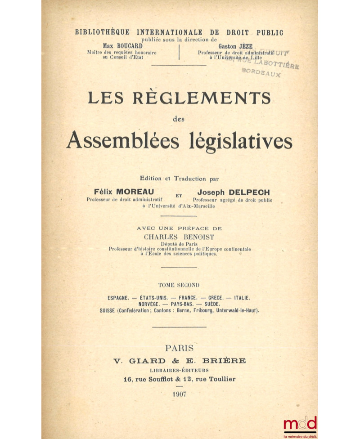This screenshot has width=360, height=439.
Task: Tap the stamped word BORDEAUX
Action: tap(261, 72)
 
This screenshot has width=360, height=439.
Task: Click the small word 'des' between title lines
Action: tap(179, 119)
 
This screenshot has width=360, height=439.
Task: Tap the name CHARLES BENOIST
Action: tap(179, 236)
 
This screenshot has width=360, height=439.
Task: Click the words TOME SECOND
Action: tap(179, 285)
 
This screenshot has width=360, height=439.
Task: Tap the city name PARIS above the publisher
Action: tap(179, 348)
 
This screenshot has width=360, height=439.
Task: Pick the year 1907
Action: tap(179, 394)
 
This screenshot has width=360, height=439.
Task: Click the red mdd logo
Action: tap(300, 423)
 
